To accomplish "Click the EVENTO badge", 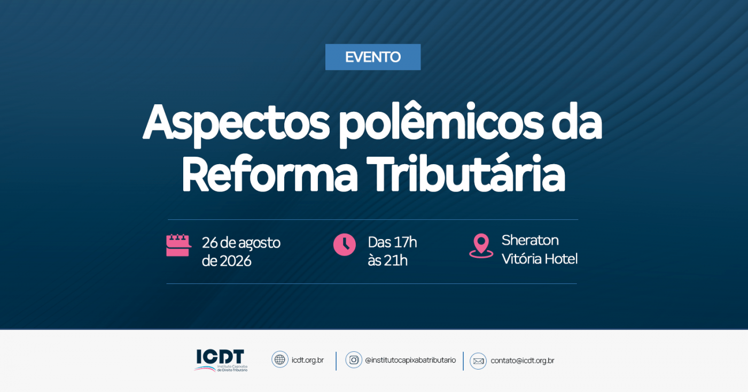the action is (x=373, y=57).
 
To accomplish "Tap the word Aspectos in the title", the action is (x=236, y=124).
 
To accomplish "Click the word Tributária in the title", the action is (x=466, y=173).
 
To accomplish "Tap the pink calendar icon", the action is (x=178, y=245).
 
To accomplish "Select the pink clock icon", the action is (x=345, y=245).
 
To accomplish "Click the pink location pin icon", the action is (x=481, y=246).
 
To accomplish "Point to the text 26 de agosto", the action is (x=241, y=243).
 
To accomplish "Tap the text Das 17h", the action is (x=392, y=242).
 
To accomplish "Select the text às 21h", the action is (x=388, y=260).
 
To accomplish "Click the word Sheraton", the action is (x=530, y=240).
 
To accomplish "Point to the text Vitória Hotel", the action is (x=540, y=259).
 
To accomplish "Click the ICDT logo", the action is (x=221, y=360).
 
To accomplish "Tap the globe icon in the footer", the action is (x=280, y=359).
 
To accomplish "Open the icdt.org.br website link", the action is (x=308, y=360).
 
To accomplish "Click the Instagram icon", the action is (x=354, y=360).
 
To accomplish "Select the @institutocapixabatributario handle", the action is (x=410, y=360).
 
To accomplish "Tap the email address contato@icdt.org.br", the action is (x=523, y=360).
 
